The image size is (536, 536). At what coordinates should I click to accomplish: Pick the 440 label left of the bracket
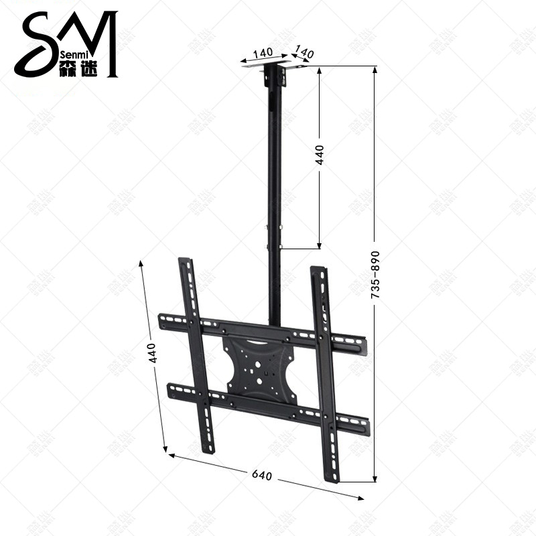tap(153, 352)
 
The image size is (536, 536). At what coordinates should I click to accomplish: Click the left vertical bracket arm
tap(196, 355)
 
